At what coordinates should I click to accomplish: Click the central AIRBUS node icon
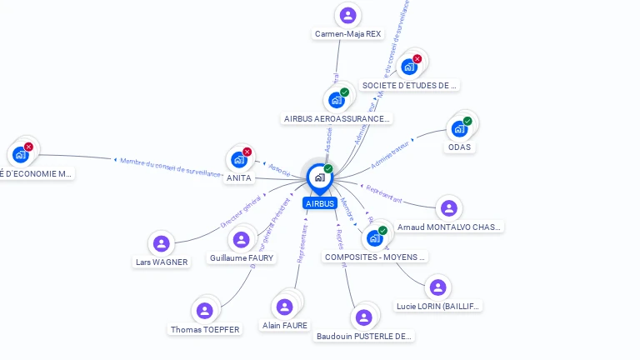(319, 177)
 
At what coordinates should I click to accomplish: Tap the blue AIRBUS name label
(319, 203)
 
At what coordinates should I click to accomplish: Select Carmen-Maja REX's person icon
(348, 15)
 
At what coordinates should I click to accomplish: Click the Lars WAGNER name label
(162, 262)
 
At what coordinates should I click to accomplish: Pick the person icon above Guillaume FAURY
(242, 240)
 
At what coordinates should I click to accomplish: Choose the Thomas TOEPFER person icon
(204, 311)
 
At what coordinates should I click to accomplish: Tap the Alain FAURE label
(285, 326)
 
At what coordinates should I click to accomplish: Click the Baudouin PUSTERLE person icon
(363, 317)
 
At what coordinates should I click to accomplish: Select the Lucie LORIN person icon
(437, 287)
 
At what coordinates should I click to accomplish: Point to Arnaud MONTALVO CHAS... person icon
(449, 208)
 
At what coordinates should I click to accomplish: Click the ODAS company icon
(458, 129)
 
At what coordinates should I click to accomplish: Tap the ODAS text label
(459, 147)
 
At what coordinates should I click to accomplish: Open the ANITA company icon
(239, 159)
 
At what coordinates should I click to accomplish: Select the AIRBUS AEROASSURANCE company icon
(337, 100)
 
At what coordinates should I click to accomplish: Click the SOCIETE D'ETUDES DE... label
(410, 85)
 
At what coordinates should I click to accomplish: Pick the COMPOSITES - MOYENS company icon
(374, 238)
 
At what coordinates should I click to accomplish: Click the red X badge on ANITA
(247, 152)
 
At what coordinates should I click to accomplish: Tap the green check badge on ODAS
(467, 121)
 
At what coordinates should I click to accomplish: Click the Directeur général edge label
(241, 212)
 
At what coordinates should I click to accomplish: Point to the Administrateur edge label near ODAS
(392, 154)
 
